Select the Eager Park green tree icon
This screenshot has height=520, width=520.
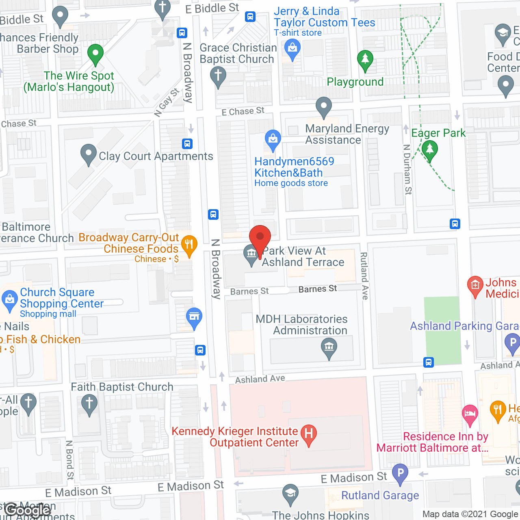click(x=429, y=149)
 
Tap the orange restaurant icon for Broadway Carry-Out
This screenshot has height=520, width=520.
click(x=189, y=245)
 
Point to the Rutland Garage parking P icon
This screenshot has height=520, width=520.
click(x=400, y=473)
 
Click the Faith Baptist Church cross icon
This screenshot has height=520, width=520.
click(x=89, y=404)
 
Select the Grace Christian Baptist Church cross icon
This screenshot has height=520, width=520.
click(x=218, y=76)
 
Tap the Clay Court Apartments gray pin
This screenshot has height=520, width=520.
click(x=88, y=154)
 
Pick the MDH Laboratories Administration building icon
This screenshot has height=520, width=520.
click(x=329, y=347)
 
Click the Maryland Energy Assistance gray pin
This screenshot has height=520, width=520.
click(x=323, y=106)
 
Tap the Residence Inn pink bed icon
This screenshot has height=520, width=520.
click(x=470, y=414)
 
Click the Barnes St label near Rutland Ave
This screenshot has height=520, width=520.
click(x=318, y=289)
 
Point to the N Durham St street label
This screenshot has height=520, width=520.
click(x=407, y=169)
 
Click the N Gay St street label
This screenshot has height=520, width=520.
click(x=167, y=103)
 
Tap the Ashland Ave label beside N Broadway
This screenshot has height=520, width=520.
click(x=260, y=379)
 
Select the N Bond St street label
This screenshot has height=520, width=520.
click(x=70, y=460)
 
